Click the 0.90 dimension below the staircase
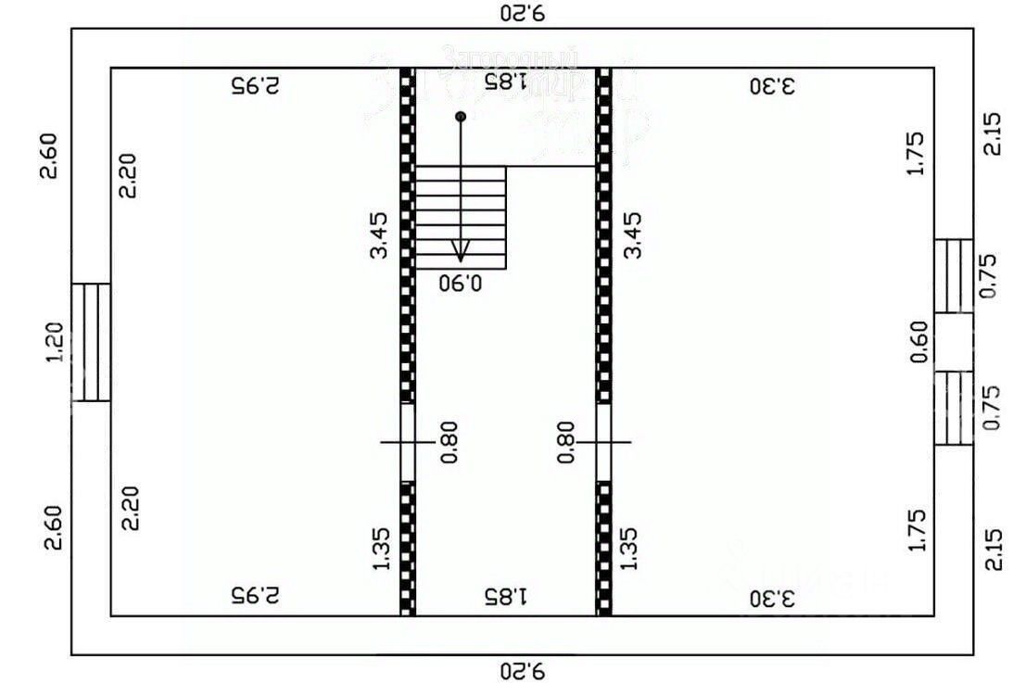[462, 282]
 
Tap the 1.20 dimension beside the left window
[55, 342]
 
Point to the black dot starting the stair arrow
[461, 117]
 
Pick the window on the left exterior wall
[91, 342]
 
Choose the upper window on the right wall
[953, 276]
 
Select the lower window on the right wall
[953, 408]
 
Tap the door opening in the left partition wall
[407, 442]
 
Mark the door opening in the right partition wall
[604, 442]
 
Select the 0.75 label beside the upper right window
[990, 276]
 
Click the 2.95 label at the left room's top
[255, 86]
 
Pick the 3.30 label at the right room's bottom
[771, 598]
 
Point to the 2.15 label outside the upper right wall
[992, 134]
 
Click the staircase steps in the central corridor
[461, 218]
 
